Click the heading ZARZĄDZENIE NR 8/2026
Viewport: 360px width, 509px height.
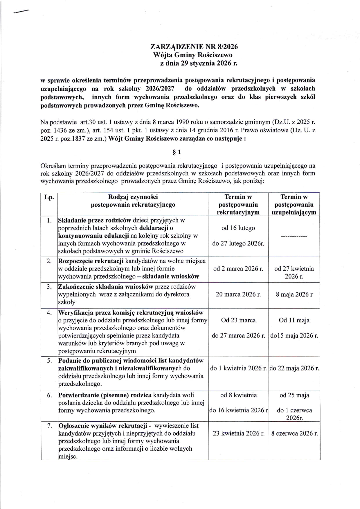coord(194,47)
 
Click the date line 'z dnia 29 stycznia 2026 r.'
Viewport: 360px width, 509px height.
coord(199,63)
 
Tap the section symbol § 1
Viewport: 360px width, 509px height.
coord(177,152)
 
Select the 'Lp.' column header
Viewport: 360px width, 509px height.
coord(49,197)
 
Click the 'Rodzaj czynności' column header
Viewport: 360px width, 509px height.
coord(133,201)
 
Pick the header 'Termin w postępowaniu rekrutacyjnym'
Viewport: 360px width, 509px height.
coord(238,205)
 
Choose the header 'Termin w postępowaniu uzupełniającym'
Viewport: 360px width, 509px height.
coord(294,205)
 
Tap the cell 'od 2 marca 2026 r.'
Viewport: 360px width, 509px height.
coord(238,269)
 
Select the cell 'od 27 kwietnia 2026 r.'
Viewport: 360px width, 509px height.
coord(294,272)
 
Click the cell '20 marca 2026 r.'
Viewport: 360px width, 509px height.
coord(238,295)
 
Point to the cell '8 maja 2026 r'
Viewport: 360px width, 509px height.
coord(294,295)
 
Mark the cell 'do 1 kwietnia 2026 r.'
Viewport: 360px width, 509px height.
coord(238,369)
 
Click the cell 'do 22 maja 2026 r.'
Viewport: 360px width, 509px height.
coord(294,369)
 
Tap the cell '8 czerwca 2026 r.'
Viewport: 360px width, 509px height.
coord(294,434)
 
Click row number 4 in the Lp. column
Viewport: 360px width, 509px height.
coord(49,313)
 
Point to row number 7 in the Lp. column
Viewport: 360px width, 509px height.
coord(49,426)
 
